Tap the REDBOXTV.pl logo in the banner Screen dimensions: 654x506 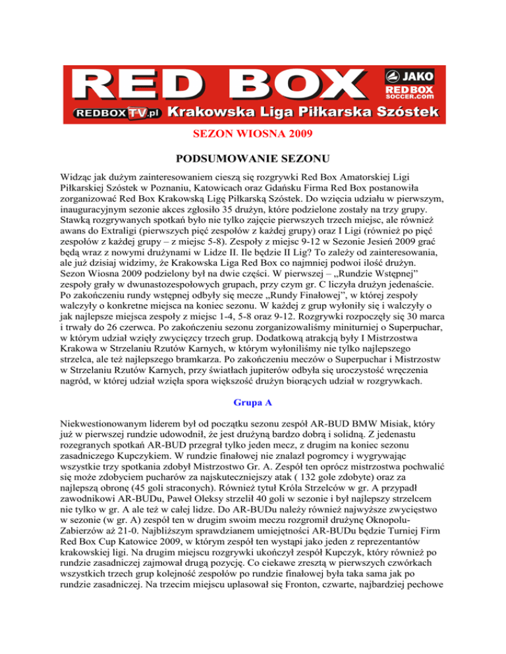(117, 113)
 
